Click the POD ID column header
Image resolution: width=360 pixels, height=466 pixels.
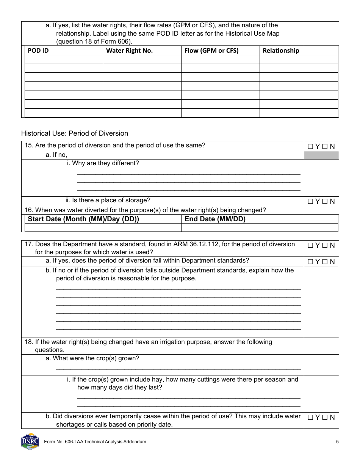pos(38,50)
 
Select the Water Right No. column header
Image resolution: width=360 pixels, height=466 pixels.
pos(129,50)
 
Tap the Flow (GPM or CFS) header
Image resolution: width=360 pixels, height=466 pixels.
pos(211,50)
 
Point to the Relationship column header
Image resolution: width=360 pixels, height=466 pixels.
pos(281,50)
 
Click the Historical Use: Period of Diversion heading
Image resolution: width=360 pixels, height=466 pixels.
pos(75,133)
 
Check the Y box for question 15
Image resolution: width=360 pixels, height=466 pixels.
pos(310,147)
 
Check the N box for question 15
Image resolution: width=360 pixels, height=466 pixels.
pos(325,147)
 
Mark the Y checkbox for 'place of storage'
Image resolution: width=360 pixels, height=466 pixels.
pos(310,202)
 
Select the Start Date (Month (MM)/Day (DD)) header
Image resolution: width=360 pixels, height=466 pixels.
pos(83,219)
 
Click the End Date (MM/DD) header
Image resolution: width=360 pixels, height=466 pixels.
pos(215,219)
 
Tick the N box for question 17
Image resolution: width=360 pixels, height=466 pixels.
pos(325,246)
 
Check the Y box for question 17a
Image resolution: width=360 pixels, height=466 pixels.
pos(310,262)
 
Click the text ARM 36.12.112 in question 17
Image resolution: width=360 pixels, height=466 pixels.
pos(196,244)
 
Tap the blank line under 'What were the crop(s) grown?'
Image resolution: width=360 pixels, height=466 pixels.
pos(178,367)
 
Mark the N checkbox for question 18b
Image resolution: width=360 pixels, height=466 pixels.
pos(325,418)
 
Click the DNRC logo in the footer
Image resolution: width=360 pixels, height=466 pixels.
pos(30,441)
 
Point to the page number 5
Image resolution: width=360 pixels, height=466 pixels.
pos(337,442)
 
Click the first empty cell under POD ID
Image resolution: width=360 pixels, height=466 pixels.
pos(64,59)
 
